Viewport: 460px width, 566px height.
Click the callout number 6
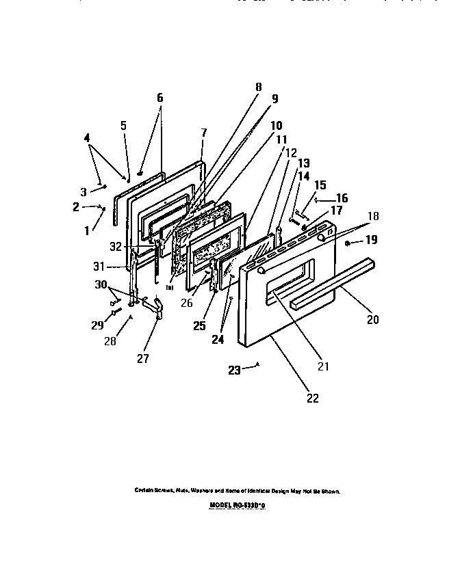pyautogui.click(x=160, y=98)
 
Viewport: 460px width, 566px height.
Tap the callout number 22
pyautogui.click(x=313, y=399)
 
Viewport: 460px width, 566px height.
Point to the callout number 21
pyautogui.click(x=323, y=366)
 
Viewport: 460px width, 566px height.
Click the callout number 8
pyautogui.click(x=258, y=87)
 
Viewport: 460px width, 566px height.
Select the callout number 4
pyautogui.click(x=87, y=137)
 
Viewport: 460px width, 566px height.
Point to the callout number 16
pyautogui.click(x=342, y=198)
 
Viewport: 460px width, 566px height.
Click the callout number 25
pyautogui.click(x=199, y=326)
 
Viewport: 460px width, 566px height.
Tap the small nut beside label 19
pyautogui.click(x=348, y=243)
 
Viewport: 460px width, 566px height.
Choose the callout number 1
pyautogui.click(x=87, y=231)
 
